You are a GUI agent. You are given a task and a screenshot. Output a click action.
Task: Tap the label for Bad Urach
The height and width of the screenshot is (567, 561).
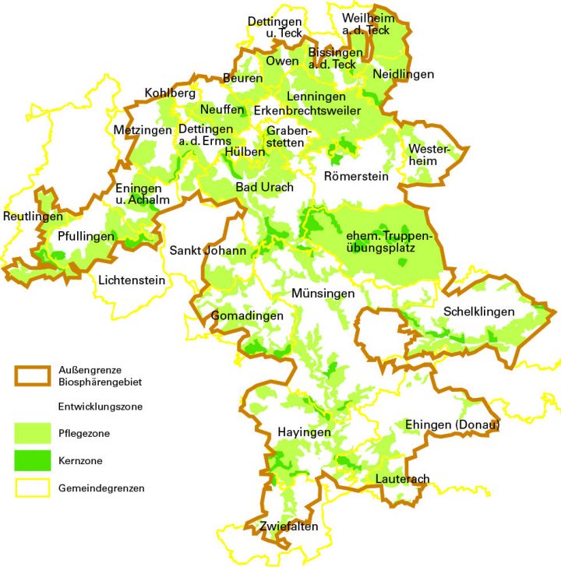click(264, 188)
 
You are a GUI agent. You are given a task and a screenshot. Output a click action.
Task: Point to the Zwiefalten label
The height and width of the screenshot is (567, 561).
click(289, 526)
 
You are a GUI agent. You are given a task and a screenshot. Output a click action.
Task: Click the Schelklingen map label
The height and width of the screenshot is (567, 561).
click(479, 312)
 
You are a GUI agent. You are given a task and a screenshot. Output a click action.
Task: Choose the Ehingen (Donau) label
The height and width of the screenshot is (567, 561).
click(452, 425)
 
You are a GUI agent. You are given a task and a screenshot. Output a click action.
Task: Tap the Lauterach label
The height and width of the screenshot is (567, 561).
click(402, 478)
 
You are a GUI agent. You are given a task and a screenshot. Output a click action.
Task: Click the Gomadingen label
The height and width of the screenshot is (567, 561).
click(242, 316)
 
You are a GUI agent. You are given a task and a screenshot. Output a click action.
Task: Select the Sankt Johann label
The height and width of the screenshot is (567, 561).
click(207, 251)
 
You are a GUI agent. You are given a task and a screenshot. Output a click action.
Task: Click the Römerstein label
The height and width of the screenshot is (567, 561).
click(355, 177)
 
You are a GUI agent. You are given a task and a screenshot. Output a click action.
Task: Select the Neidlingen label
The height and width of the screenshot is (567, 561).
click(404, 74)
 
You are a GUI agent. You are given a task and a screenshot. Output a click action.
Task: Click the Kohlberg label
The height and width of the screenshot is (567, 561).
click(170, 93)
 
